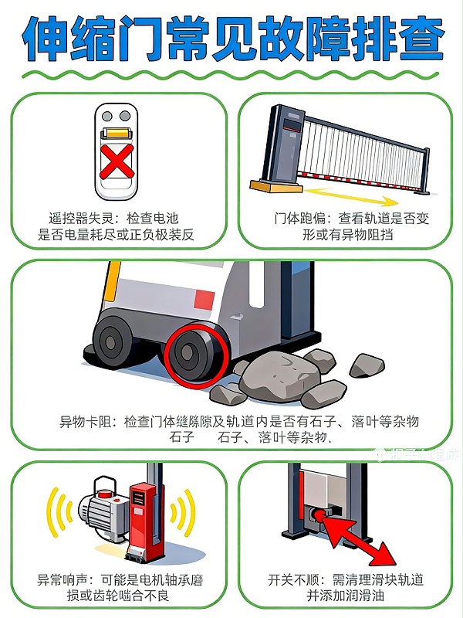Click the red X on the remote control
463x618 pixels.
(118, 163)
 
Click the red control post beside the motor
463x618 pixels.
(142, 518)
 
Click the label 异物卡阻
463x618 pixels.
(86, 422)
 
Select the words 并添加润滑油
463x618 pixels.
(346, 596)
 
